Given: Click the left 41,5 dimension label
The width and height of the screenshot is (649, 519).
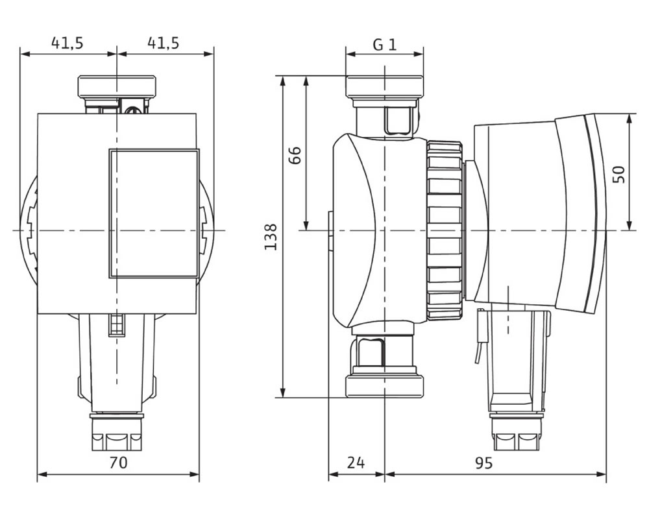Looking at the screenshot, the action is tap(67, 43).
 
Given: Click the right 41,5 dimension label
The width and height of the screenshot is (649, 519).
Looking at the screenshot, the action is tap(164, 43).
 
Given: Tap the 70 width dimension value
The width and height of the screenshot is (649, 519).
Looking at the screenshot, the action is tap(118, 463).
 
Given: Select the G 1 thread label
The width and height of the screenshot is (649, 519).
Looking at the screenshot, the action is tap(385, 44).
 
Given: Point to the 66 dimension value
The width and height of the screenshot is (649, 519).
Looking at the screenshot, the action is tap(294, 156).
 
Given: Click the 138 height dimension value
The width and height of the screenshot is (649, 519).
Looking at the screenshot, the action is tap(271, 237).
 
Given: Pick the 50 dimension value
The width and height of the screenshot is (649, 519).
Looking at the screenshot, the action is tap(618, 175).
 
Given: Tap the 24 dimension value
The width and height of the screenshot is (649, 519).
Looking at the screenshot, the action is tap(356, 463).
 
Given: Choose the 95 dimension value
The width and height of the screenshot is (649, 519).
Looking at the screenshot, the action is tap(484, 463).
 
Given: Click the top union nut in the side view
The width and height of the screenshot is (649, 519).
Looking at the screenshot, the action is tap(385, 86).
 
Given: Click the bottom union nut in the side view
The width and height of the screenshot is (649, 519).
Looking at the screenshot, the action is tap(385, 387).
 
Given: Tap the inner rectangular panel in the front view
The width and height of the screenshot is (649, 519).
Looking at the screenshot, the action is tap(154, 213).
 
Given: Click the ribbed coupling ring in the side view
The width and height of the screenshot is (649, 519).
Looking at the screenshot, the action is tap(445, 230).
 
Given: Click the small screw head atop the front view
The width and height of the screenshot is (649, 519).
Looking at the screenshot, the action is tap(133, 110).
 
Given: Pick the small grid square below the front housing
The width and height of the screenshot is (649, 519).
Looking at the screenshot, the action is tap(117, 325).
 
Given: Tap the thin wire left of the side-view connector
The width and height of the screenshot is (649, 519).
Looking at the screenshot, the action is tap(480, 336).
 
